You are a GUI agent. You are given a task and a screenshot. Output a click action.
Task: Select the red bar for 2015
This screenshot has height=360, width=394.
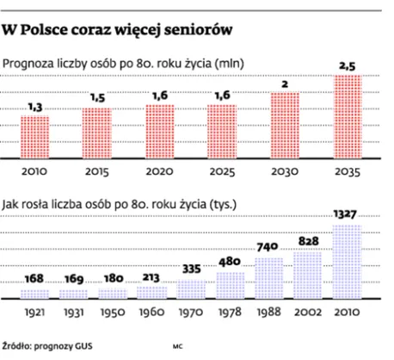(97, 133)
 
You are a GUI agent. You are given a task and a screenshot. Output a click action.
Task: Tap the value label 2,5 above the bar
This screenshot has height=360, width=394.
(348, 65)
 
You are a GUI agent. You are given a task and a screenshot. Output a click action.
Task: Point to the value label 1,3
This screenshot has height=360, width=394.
(34, 105)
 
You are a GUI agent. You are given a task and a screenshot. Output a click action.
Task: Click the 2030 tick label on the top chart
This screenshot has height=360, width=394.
(286, 172)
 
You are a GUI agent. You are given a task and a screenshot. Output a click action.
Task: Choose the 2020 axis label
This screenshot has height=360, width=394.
(160, 172)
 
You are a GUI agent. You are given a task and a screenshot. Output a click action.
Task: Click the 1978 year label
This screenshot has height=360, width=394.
(231, 310)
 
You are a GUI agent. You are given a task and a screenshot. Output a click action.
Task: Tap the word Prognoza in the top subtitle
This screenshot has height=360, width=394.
(32, 63)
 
